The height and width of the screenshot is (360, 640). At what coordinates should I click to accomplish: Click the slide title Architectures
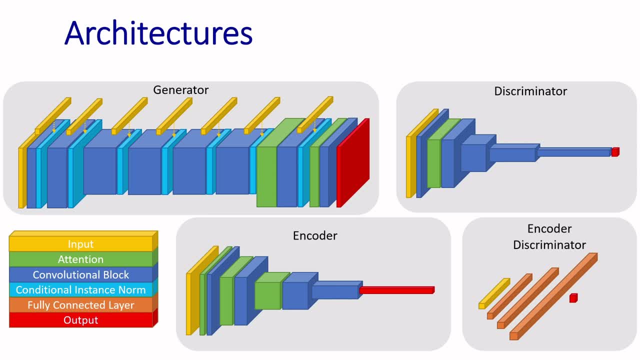coord(158,33)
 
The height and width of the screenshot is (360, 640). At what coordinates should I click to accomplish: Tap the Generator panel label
coord(180,90)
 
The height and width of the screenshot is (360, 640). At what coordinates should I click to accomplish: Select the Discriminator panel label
coord(530,91)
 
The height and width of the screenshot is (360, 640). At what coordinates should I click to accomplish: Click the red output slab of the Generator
coord(353,165)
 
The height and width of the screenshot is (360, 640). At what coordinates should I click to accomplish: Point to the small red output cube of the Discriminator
coord(615,152)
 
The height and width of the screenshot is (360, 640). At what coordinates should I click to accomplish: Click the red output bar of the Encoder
coord(396,290)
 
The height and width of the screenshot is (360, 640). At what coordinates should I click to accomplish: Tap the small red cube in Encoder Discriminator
coord(573,298)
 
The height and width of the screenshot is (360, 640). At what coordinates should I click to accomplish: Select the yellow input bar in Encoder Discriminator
coord(493,293)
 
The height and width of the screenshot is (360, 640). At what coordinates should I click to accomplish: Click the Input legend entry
coord(80,244)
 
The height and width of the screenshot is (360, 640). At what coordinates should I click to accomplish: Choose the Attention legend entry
coord(80,259)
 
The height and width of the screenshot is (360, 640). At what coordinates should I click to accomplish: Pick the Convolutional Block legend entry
coord(80,274)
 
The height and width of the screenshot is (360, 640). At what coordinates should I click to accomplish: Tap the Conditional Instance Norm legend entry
coord(80,289)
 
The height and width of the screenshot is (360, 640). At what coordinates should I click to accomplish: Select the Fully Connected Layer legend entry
coord(80,305)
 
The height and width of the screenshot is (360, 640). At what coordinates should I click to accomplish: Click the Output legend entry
coord(80,320)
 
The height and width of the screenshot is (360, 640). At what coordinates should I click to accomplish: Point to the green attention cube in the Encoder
coord(267,295)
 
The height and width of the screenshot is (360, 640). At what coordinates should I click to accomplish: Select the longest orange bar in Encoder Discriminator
coord(553,296)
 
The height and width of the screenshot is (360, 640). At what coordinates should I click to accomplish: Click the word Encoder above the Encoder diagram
coord(315,235)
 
